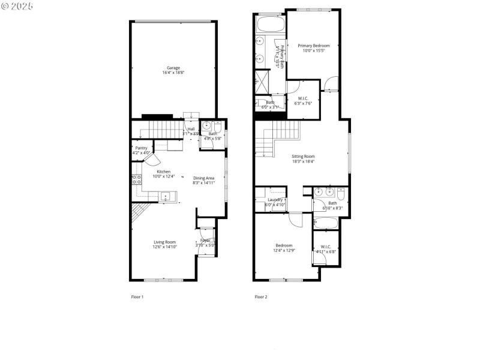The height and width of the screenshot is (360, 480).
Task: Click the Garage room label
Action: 173,68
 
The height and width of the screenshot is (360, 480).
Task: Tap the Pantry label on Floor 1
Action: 141,148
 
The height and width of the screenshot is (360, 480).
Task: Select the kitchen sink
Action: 166,196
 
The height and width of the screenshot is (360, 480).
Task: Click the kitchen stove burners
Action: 136,182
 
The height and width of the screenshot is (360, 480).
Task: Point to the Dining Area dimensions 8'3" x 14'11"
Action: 204,182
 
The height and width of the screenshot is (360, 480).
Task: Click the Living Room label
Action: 164,242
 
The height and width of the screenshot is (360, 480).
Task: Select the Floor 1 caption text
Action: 137,296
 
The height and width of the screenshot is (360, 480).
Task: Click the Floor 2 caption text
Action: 261,296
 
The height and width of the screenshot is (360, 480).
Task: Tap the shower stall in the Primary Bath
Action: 262,80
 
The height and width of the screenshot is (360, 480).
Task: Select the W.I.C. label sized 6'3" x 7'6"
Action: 303,98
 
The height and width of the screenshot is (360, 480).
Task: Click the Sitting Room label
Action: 303,156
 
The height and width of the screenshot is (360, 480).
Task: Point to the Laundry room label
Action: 275,200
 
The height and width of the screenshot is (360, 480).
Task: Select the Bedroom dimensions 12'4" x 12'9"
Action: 284,250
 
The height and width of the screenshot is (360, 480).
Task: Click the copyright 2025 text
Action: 17,5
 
